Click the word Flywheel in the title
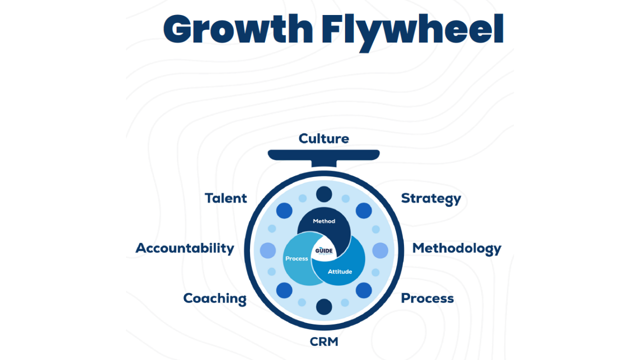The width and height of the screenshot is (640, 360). click(412, 30)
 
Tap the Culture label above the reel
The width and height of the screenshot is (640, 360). click(323, 138)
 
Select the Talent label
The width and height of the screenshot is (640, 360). click(226, 198)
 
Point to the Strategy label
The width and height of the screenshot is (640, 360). click(431, 198)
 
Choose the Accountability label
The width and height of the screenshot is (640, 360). click(185, 248)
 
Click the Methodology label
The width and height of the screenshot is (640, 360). click(456, 248)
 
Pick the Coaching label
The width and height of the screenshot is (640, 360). click(214, 298)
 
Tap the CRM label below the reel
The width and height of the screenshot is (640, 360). click(324, 342)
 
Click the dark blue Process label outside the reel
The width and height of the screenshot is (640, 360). click(427, 298)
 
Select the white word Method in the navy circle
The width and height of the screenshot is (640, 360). click(324, 221)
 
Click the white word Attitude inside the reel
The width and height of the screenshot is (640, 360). click(340, 271)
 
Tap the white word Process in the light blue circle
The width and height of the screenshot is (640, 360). click(296, 258)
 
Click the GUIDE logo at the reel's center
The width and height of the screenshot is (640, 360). click(324, 251)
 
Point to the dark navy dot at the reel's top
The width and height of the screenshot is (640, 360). click(324, 194)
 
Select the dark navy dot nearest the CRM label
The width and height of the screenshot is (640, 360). click(324, 306)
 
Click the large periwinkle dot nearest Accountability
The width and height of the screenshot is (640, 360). click(268, 250)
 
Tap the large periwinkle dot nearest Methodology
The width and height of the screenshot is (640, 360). click(380, 250)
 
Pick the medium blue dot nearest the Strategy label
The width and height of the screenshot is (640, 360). click(363, 210)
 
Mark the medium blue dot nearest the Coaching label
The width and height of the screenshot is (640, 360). click(284, 290)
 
